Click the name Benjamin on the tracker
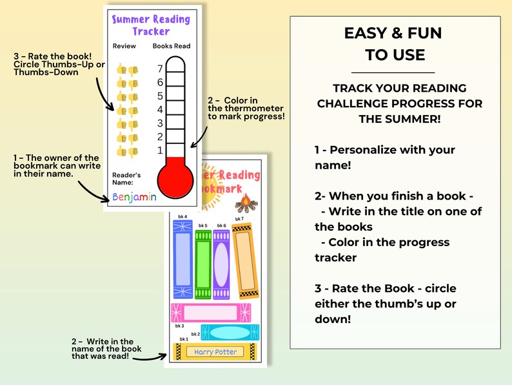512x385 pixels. [134, 197]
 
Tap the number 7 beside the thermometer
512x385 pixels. [160, 68]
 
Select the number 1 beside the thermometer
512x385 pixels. [160, 151]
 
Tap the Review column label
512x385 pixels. [124, 47]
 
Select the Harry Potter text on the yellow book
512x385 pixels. [215, 352]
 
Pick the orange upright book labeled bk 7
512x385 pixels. [244, 259]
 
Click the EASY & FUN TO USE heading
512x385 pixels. [393, 44]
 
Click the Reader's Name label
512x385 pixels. [126, 179]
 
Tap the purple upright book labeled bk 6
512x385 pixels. [221, 259]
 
